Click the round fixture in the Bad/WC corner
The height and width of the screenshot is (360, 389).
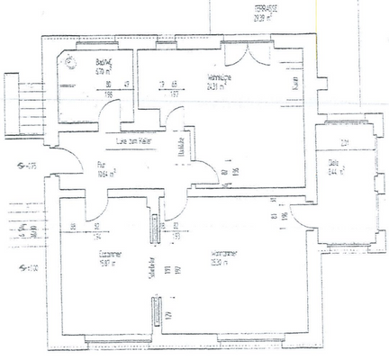(x=71, y=59)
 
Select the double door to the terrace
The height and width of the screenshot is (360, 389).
(x=245, y=53)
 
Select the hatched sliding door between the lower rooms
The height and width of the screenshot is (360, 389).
(x=155, y=230)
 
